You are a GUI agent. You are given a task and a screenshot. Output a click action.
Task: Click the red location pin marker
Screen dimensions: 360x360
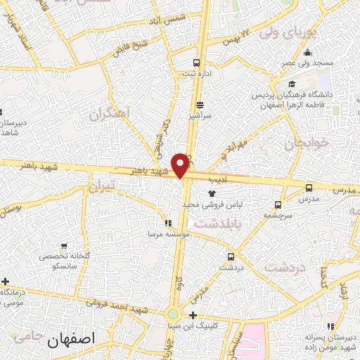(x=181, y=165)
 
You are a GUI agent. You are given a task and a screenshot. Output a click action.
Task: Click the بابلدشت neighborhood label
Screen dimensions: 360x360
(x=217, y=224)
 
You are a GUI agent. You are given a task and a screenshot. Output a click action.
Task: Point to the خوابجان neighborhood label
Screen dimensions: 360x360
(x=307, y=143)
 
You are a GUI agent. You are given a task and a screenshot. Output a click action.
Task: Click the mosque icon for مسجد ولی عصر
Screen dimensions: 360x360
(x=307, y=52)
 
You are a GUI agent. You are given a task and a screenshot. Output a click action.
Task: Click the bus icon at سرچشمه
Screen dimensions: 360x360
(x=278, y=205)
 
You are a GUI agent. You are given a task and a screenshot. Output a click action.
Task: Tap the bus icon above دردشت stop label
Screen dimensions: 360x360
(x=231, y=257)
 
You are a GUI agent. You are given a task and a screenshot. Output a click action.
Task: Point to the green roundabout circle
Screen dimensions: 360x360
(x=173, y=314)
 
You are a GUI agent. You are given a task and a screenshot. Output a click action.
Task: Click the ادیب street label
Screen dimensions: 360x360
(x=219, y=180)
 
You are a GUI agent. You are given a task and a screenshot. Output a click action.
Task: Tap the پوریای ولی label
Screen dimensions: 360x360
(x=288, y=32)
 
